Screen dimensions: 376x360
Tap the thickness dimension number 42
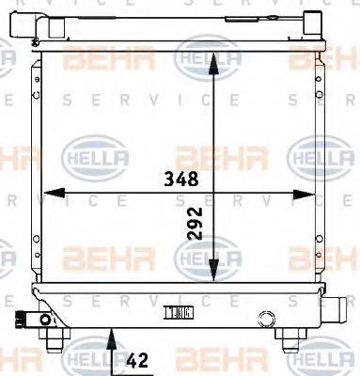coord(139,358)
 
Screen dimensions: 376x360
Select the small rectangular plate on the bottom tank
coord(178,312)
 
